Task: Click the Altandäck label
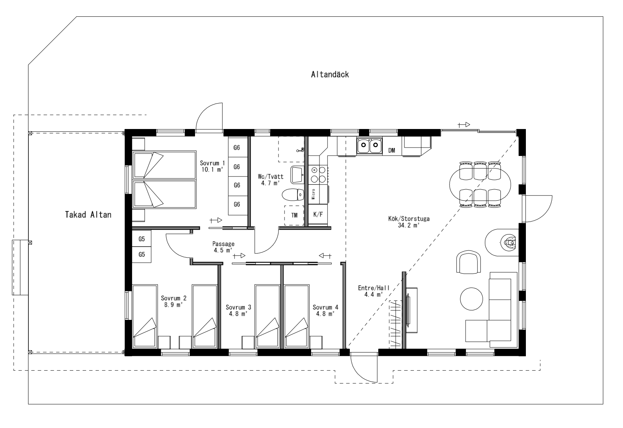330,74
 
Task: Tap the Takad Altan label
88,215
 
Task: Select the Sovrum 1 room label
212,163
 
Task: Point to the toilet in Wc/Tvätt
293,195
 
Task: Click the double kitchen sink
369,145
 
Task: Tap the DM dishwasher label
392,151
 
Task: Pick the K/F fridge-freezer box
318,214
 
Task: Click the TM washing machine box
294,215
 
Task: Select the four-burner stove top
318,174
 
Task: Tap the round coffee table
471,299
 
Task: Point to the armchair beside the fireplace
469,262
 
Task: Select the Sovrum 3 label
238,307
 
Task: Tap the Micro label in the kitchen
313,194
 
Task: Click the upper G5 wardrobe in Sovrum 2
142,239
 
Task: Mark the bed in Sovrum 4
296,316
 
